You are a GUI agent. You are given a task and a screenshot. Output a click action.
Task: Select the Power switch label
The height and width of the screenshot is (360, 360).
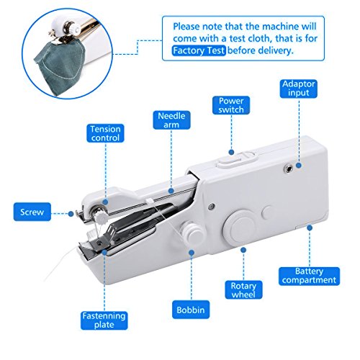pos(230,106)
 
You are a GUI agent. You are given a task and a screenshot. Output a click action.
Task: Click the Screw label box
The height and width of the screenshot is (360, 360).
pos(31,212)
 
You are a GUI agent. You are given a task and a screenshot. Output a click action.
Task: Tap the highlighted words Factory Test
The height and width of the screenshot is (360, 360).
pos(198,50)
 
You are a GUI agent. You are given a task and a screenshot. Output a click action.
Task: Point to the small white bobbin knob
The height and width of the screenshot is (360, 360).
pos(193,233)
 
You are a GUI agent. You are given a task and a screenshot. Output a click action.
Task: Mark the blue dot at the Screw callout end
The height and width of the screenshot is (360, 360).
pos(70,211)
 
